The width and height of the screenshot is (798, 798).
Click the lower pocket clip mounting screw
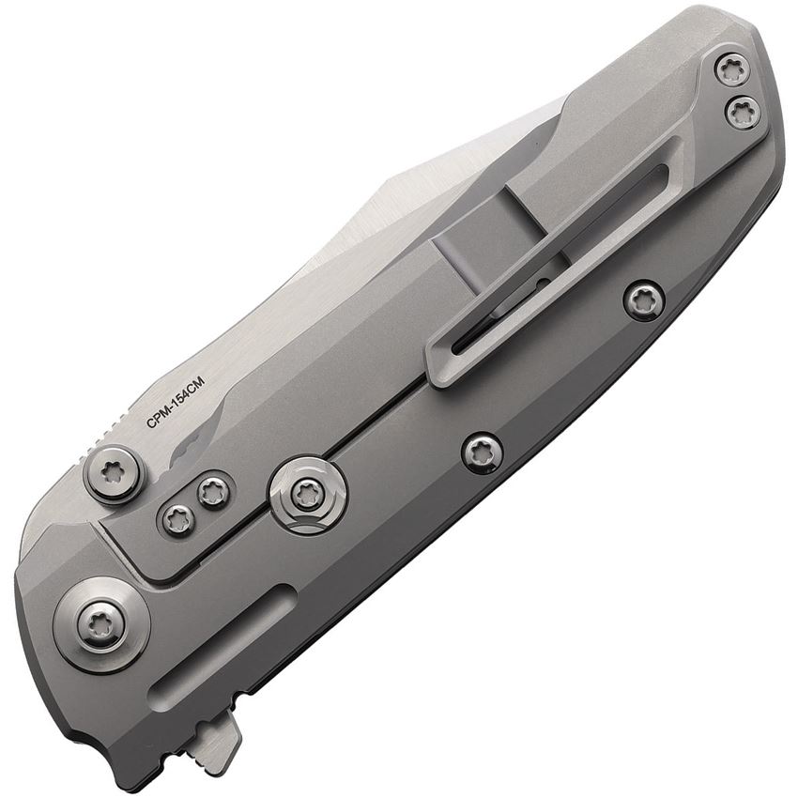pos(742,112)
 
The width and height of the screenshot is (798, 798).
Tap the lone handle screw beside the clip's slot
pos(645,300)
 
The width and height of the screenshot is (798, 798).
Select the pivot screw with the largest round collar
pos(101,625)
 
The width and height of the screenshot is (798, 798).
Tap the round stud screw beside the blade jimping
pos(113,475)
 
